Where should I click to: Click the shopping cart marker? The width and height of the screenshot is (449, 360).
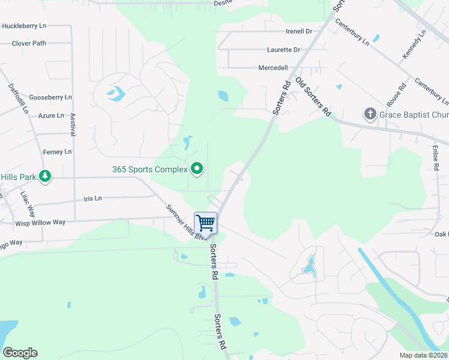[x=205, y=223]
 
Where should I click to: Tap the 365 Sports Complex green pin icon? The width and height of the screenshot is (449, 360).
[x=196, y=169]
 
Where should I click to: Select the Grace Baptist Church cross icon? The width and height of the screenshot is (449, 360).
[x=370, y=113]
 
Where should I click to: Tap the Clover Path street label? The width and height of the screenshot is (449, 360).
[x=29, y=43]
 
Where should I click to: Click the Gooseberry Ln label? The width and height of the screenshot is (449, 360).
[x=50, y=97]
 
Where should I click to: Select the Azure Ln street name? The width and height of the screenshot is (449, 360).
[x=51, y=115]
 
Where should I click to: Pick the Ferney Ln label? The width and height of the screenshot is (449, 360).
[x=57, y=151]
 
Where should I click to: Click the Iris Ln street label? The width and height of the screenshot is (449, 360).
[x=93, y=198]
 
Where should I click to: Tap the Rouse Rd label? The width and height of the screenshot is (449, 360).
[x=397, y=94]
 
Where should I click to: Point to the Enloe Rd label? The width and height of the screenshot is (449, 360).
[x=436, y=156]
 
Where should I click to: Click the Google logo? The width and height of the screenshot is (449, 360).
[x=20, y=353]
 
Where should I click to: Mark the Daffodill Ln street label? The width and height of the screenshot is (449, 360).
[x=18, y=98]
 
